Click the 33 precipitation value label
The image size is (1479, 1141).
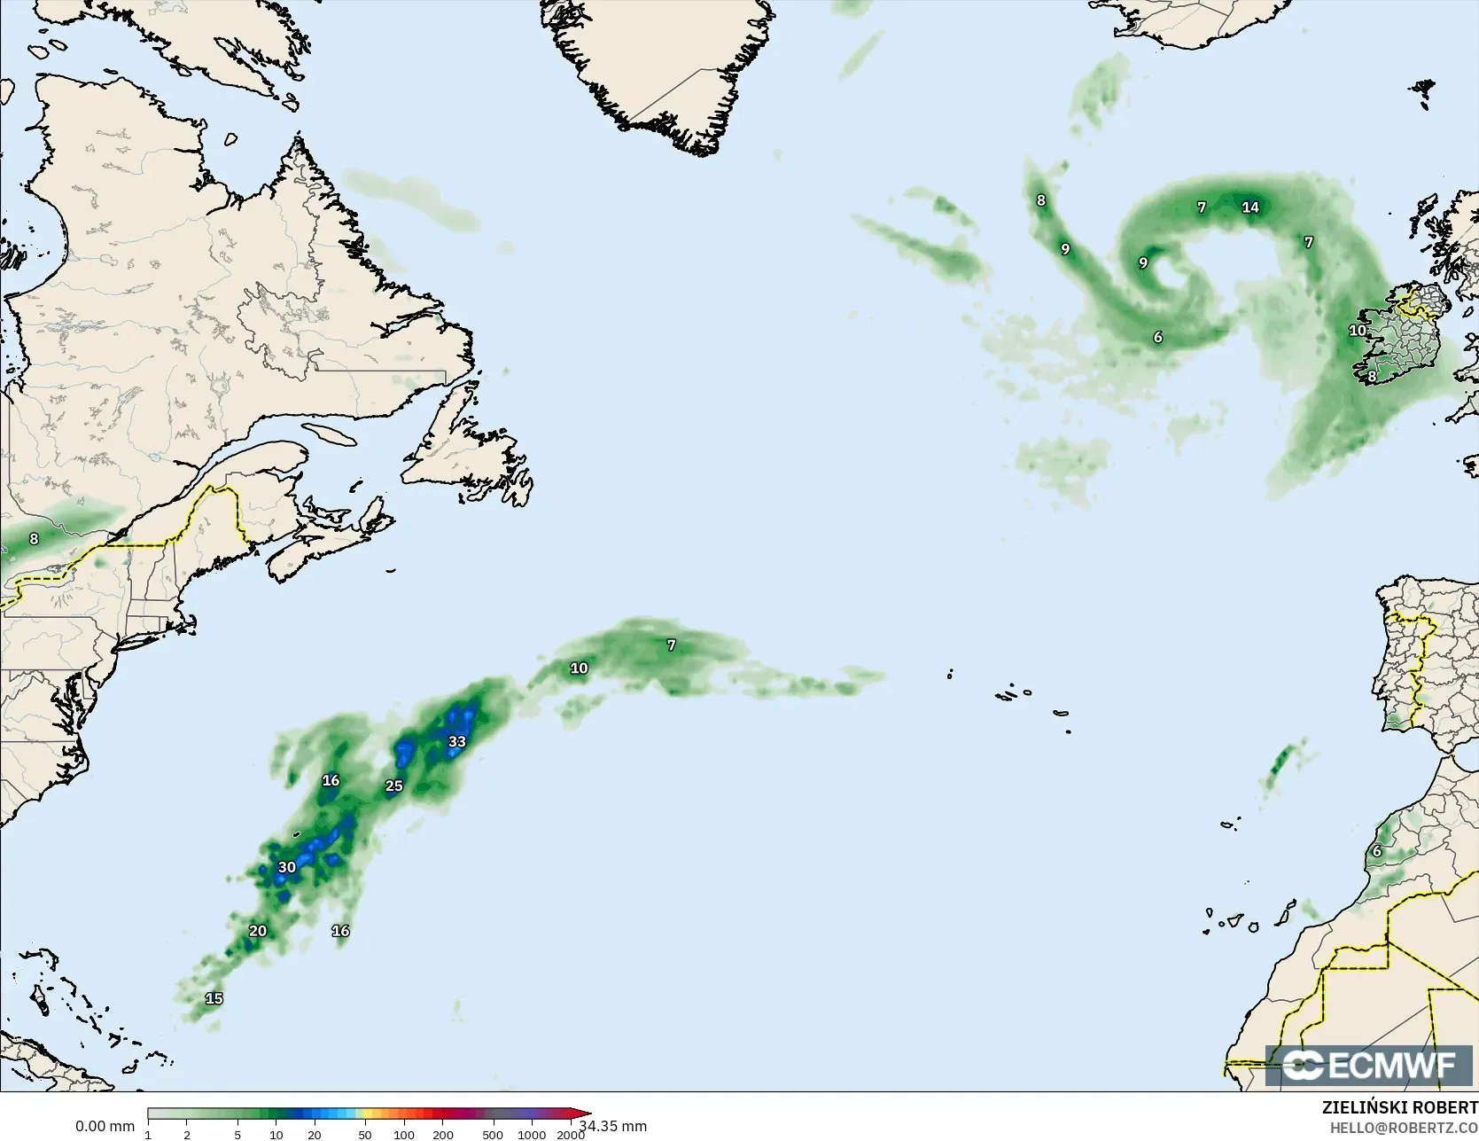[456, 742]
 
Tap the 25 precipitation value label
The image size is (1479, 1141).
[393, 785]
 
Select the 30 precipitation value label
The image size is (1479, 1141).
[286, 867]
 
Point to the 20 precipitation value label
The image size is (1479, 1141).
[257, 931]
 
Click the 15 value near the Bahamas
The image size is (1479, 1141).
[214, 998]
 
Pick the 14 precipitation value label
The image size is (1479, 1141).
[1249, 207]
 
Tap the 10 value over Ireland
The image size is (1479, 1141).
[1357, 330]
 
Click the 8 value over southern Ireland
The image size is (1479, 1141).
[1372, 376]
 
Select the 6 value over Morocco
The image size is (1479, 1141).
[1376, 851]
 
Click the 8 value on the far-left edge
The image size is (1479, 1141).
[34, 538]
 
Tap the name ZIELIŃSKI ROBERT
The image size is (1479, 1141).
[1399, 1107]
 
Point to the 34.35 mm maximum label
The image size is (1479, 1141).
[613, 1126]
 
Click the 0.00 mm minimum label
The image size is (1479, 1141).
[105, 1126]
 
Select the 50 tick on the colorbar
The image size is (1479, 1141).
[365, 1135]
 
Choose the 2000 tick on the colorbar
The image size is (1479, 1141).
[571, 1135]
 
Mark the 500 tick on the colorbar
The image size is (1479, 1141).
[493, 1135]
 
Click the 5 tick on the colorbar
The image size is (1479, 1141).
[237, 1135]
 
